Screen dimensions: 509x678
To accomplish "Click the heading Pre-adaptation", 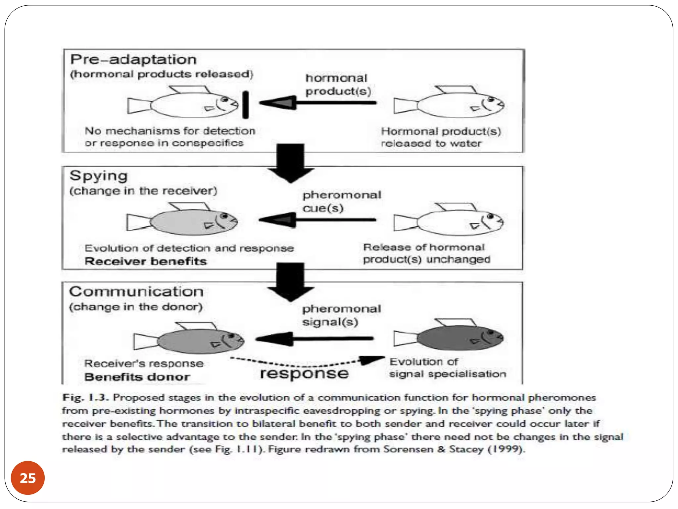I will click(x=133, y=60).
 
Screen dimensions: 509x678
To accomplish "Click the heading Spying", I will click(x=98, y=176).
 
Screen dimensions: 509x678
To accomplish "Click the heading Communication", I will click(x=136, y=292).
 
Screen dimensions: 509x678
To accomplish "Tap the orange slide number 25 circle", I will click(x=28, y=478).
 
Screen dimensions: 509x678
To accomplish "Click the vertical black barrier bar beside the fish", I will click(x=245, y=105).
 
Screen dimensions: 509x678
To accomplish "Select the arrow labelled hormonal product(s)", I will click(x=318, y=103).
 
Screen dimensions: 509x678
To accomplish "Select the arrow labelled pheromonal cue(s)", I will click(x=317, y=220).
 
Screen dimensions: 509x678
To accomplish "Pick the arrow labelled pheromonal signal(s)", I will click(x=315, y=339).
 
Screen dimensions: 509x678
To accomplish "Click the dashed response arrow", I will click(x=308, y=363).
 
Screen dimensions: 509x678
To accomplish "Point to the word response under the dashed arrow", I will click(x=304, y=374).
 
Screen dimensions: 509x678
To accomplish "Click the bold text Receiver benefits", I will click(x=146, y=261).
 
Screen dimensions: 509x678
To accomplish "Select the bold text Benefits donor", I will click(x=137, y=377).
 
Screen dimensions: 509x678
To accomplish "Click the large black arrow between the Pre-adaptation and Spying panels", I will click(x=290, y=162).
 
